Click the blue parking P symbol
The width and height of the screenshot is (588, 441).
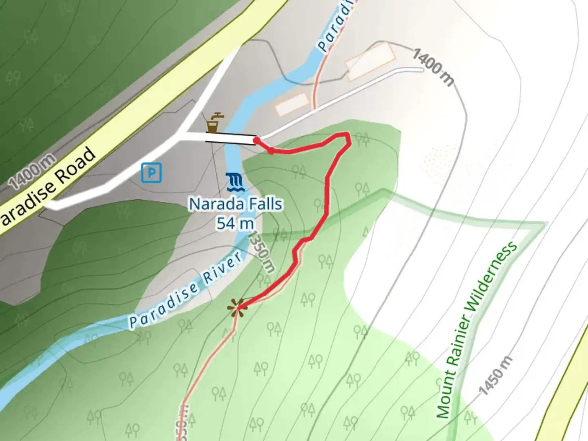tap(151, 172)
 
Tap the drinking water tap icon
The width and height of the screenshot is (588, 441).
tap(214, 122)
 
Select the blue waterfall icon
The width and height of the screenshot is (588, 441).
tap(235, 182)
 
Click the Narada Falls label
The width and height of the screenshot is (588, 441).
tap(236, 204)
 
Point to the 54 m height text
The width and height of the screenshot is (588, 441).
tap(235, 223)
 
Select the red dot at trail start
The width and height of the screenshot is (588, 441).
tap(256, 140)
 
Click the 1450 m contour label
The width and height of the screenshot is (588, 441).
tap(495, 375)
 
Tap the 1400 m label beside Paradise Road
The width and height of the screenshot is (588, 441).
tap(32, 171)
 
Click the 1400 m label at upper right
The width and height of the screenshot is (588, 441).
tap(433, 67)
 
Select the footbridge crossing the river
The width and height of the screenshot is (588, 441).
tap(231, 139)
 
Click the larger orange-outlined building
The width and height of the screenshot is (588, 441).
tap(370, 61)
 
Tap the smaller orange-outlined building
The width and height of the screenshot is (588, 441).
tap(291, 104)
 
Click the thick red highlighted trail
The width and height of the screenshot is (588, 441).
tap(327, 196)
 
